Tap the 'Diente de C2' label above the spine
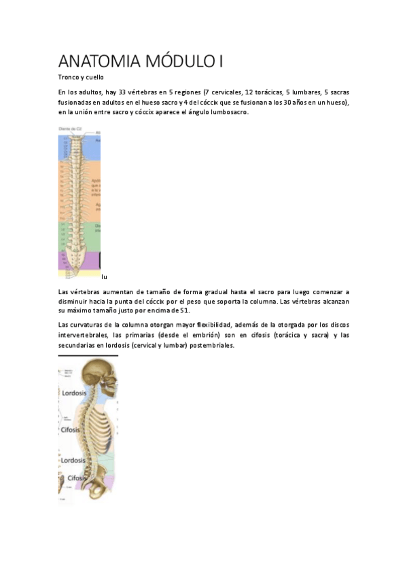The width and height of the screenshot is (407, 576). (70, 128)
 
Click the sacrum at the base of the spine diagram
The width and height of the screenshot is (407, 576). (79, 259)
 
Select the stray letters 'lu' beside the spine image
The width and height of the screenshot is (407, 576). (104, 276)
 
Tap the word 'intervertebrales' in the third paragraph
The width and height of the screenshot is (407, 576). (84, 335)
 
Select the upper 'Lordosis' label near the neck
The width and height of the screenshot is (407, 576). (73, 393)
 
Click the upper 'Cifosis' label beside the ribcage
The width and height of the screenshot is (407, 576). (71, 430)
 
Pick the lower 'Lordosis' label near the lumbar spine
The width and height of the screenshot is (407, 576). (73, 460)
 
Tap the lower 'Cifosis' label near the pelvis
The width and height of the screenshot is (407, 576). (77, 478)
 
